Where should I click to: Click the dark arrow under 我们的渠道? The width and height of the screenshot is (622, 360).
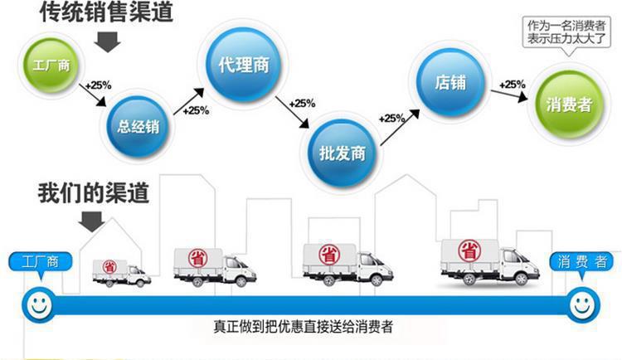coord(92,221)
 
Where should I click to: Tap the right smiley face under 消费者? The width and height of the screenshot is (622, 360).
coord(582,304)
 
